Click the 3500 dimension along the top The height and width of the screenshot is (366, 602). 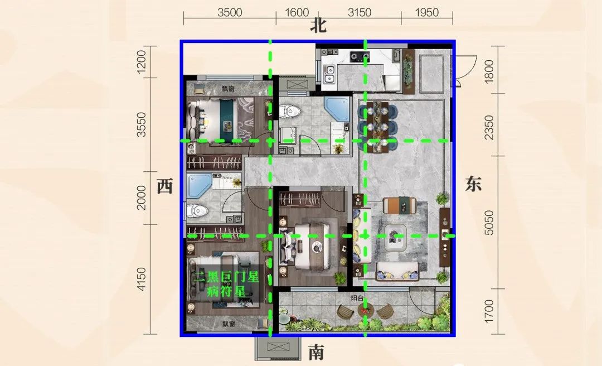230,13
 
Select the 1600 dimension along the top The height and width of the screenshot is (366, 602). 297,13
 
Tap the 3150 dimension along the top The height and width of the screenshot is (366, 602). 360,13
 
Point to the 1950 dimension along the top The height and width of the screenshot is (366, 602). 426,13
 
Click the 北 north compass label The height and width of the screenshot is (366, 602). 318,26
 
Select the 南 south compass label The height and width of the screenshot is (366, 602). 317,352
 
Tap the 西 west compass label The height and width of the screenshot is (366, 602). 165,186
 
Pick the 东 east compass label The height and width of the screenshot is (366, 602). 473,184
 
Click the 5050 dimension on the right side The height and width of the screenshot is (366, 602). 489,223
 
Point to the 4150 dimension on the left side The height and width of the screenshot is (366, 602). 141,279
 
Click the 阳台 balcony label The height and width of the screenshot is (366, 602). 357,297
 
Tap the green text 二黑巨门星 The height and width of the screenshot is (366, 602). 226,277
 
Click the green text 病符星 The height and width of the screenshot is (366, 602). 226,291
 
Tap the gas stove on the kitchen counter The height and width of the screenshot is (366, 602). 360,57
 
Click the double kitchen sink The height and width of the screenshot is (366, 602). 329,75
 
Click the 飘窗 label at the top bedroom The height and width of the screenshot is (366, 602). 228,89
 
